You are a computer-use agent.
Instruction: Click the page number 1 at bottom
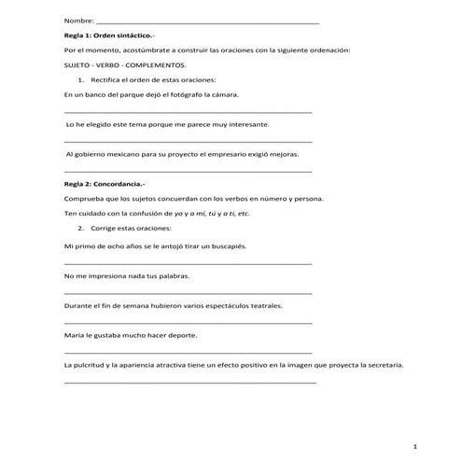[426, 447]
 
